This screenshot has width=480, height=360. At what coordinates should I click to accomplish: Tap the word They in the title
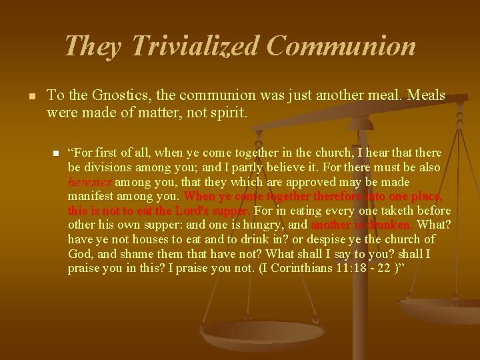tap(93, 46)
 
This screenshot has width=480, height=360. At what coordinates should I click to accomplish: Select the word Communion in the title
tap(341, 46)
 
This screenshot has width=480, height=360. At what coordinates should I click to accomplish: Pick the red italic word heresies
tap(90, 182)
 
